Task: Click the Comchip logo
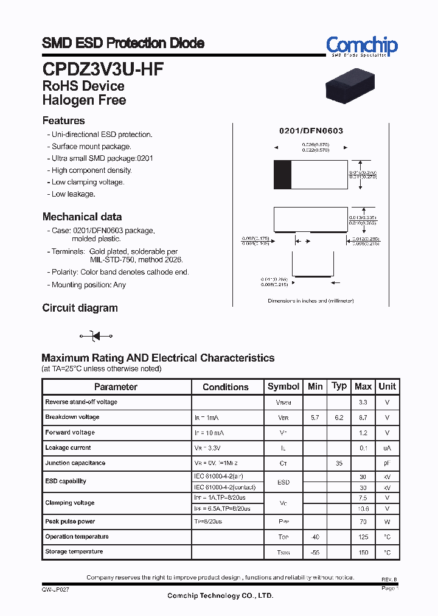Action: (x=361, y=46)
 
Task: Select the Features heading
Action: (x=64, y=121)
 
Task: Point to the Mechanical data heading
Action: (x=82, y=217)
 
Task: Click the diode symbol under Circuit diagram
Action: (x=97, y=336)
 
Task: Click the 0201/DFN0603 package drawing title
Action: (x=311, y=131)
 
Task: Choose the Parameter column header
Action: (x=116, y=387)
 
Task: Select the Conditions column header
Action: (x=226, y=387)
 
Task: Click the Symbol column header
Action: (x=283, y=387)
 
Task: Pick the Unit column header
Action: (x=387, y=387)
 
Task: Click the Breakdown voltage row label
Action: (x=72, y=417)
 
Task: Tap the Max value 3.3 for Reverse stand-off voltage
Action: (x=363, y=402)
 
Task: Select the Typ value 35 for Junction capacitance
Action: (x=339, y=463)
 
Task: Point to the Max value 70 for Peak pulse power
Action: (x=363, y=522)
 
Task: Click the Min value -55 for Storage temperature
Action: (x=315, y=552)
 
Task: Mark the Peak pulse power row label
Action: (x=70, y=522)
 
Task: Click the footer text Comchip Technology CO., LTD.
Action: (x=220, y=596)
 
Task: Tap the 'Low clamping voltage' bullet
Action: (x=88, y=182)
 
